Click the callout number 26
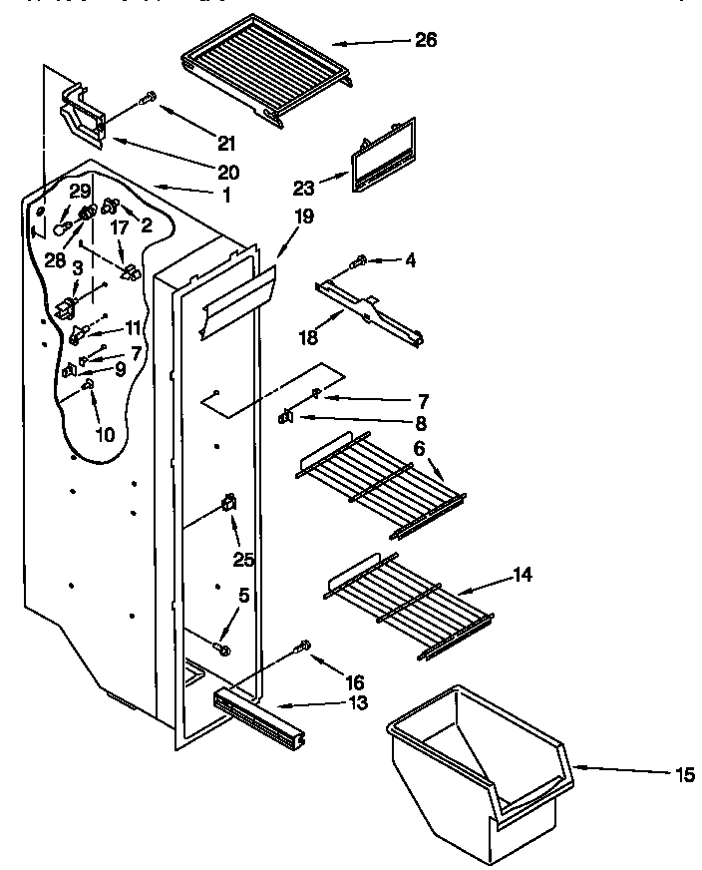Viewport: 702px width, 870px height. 425,41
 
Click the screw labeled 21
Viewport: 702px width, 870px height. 148,97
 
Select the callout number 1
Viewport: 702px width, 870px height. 226,196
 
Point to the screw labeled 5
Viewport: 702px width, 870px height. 222,650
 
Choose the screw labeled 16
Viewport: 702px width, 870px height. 303,649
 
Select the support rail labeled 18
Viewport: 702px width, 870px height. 369,314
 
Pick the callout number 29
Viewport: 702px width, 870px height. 81,190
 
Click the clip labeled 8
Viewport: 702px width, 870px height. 285,417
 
